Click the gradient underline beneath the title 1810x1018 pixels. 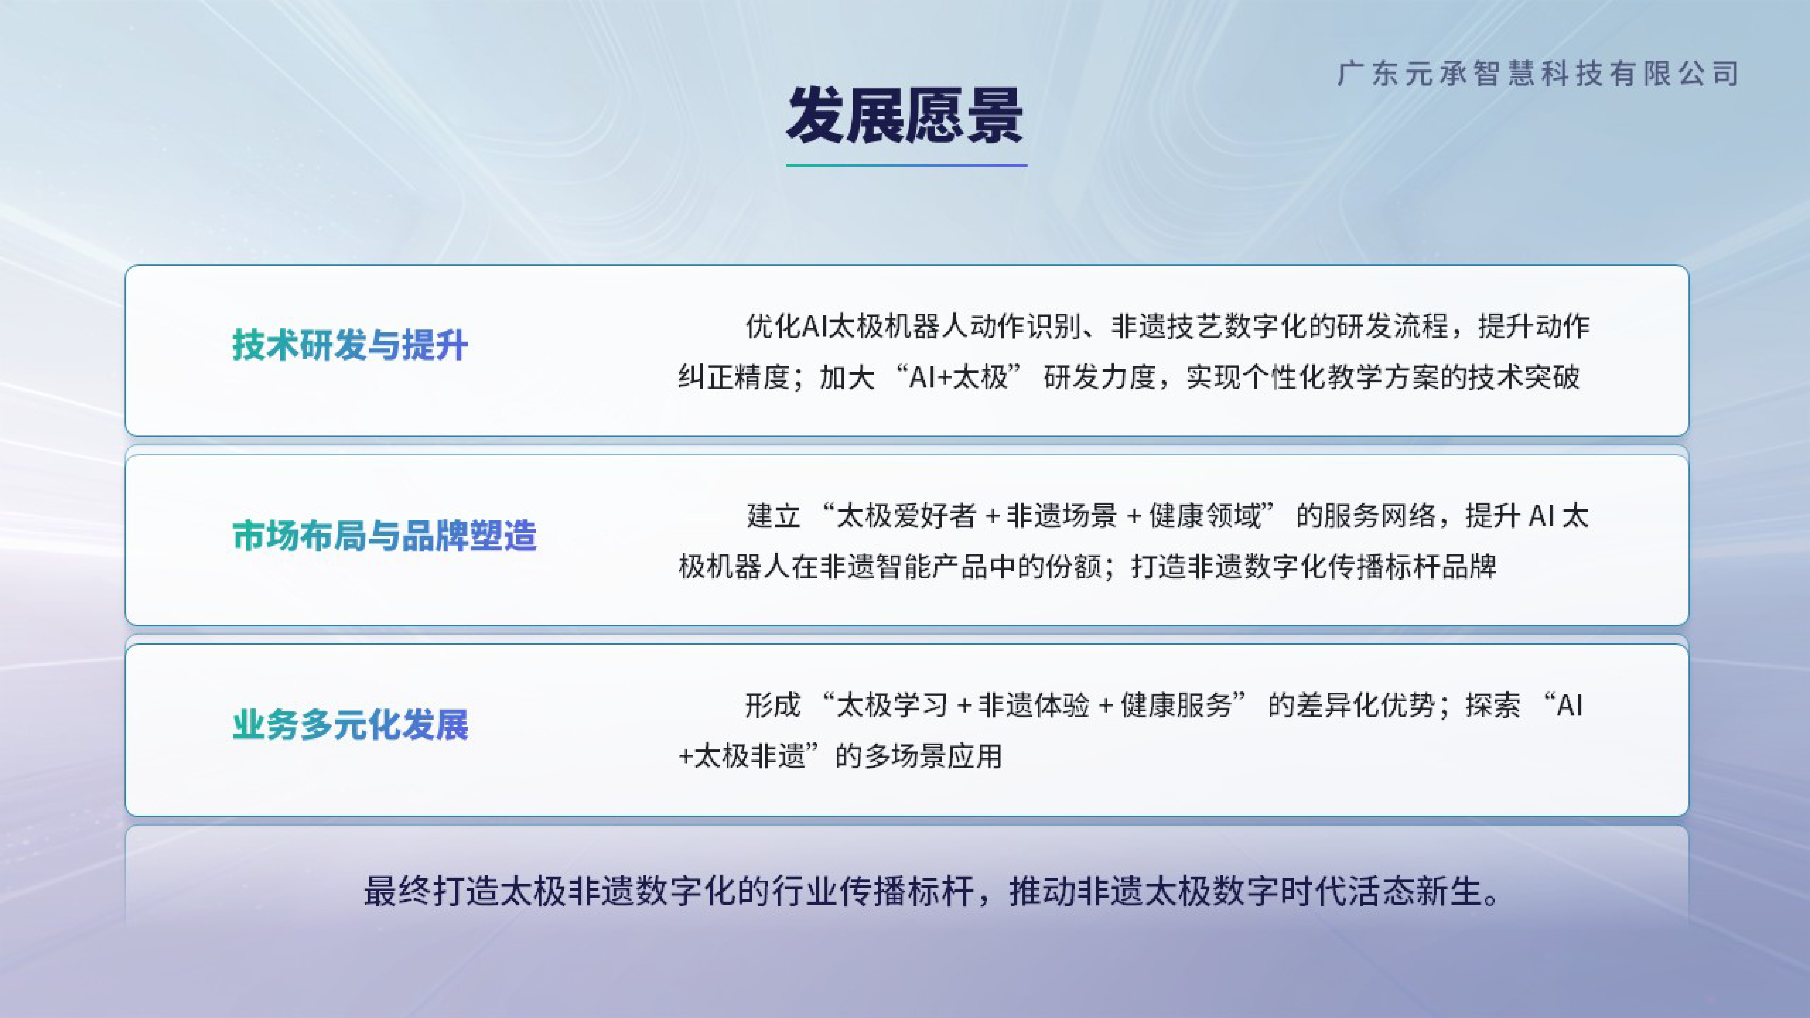[906, 165]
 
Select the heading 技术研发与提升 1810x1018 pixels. [350, 345]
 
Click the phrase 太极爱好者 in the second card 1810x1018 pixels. [906, 516]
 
